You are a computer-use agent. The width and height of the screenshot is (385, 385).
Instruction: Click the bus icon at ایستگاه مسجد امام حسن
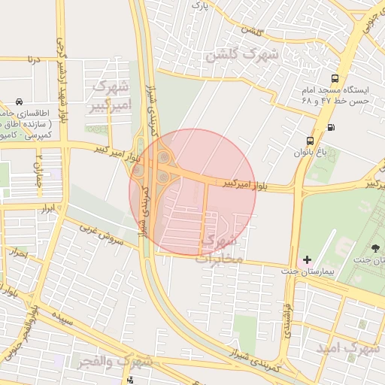(334, 78)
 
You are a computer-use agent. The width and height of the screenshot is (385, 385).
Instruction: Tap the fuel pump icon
(332, 126)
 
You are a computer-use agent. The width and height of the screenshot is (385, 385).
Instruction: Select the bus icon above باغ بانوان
(310, 141)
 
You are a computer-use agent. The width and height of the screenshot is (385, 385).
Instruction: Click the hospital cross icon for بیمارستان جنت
(306, 259)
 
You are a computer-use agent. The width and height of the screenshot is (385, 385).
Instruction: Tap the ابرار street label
(47, 208)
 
